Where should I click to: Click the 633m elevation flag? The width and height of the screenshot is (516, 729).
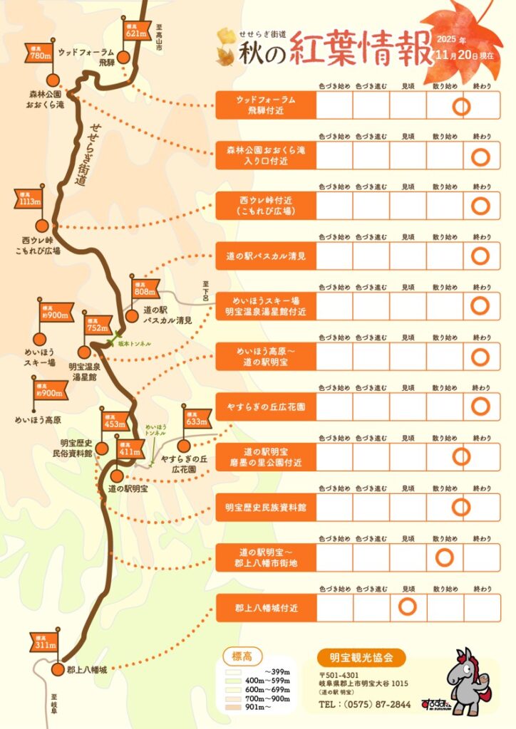[195, 421]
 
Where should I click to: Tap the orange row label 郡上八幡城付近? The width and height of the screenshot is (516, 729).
[265, 609]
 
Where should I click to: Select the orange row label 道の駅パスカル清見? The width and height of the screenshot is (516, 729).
[265, 256]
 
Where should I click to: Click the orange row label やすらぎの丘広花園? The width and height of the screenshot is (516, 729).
[265, 407]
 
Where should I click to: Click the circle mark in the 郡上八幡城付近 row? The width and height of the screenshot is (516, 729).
[408, 607]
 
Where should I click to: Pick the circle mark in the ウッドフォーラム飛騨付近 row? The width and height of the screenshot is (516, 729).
[462, 107]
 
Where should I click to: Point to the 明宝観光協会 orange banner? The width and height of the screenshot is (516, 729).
[362, 657]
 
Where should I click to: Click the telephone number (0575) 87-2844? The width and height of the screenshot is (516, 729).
[365, 705]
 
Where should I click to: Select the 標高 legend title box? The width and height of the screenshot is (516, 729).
[242, 656]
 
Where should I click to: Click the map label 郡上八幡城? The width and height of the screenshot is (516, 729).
[87, 670]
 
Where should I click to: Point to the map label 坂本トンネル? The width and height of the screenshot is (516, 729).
[135, 344]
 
